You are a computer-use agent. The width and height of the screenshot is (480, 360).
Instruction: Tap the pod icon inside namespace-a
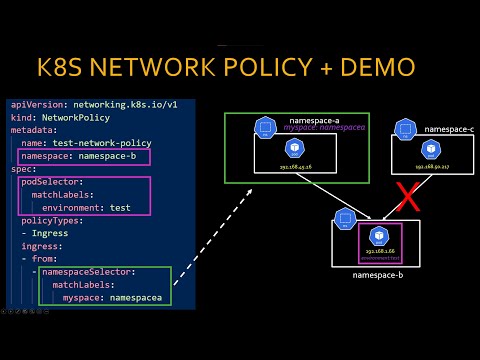(294, 148)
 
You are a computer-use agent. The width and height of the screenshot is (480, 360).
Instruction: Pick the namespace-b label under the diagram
(377, 273)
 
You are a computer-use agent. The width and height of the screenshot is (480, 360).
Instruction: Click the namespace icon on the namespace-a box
(265, 127)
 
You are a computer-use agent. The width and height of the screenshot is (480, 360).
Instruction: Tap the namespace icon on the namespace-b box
(346, 217)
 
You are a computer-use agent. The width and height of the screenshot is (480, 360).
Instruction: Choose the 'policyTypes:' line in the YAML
(54, 219)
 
